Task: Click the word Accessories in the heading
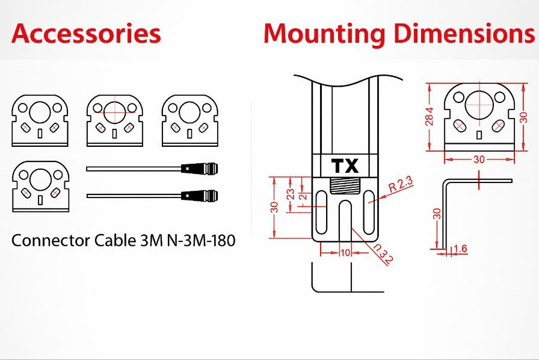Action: tap(86, 33)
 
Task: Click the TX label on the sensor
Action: tap(345, 166)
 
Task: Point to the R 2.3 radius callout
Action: tap(401, 184)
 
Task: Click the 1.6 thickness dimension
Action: tap(460, 249)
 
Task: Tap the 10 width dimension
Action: tap(345, 252)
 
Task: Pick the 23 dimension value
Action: tap(291, 194)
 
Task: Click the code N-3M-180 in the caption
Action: tap(201, 240)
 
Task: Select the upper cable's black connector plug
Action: tap(200, 169)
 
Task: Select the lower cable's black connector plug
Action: tap(200, 196)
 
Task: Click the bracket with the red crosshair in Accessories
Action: tap(114, 120)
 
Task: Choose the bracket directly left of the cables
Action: tap(40, 186)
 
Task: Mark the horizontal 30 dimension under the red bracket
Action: tap(479, 160)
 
